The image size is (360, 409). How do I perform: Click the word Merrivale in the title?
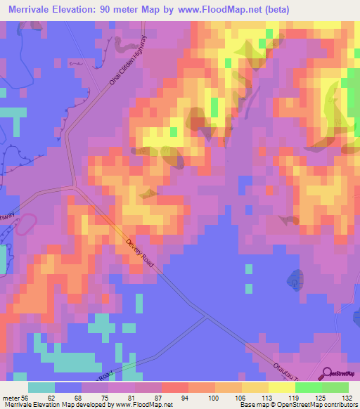pyautogui.click(x=33, y=9)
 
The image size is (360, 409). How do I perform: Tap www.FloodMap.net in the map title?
pyautogui.click(x=216, y=9)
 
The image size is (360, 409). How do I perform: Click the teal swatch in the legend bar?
pyautogui.click(x=41, y=387)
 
